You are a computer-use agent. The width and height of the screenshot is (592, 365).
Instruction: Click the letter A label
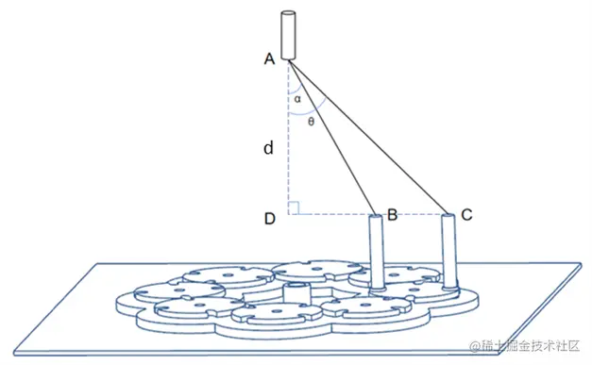point(269,58)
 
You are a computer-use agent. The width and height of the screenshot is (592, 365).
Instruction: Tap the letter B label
point(392,214)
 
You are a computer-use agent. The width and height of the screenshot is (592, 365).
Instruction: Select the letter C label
point(466,214)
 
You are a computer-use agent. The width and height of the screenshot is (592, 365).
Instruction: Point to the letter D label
point(270,219)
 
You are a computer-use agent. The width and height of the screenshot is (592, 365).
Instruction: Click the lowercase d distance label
point(268,148)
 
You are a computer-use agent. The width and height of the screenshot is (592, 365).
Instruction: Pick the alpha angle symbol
point(297,99)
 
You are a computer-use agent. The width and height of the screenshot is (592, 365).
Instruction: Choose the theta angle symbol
point(311,122)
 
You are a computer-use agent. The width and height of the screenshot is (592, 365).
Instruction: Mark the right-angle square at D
point(294,208)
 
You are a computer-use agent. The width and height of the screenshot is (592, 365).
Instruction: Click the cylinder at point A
point(288,36)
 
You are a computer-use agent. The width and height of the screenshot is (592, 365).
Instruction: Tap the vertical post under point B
point(377,252)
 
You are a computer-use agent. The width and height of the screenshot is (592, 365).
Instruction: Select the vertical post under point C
point(448,251)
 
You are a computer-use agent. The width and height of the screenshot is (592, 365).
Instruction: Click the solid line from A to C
point(368,138)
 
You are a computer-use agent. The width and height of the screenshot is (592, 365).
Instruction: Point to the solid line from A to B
point(332,138)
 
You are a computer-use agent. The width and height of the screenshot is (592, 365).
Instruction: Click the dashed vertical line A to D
point(289,138)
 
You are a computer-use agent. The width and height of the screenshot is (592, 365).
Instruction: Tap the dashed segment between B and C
point(414,214)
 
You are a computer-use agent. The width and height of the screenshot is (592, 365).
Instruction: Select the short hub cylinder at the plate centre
point(296,292)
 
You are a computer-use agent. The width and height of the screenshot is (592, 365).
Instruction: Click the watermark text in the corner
point(524,345)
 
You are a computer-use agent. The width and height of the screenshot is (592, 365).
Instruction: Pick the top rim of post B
point(376,217)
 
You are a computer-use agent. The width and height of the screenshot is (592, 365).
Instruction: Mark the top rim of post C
point(448,216)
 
